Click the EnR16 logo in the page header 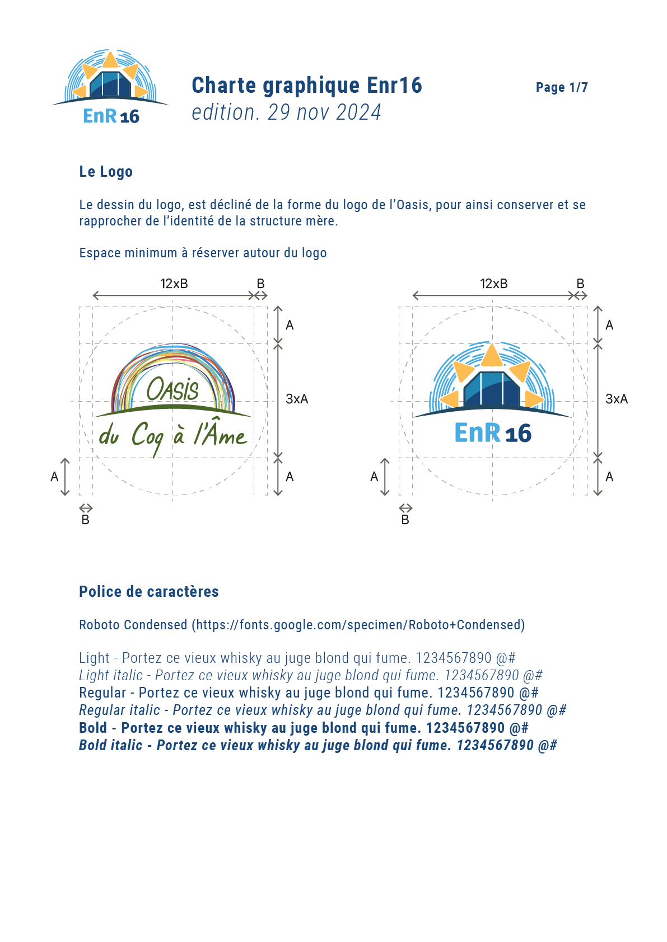[110, 87]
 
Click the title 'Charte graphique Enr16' [306, 86]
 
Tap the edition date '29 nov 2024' [324, 112]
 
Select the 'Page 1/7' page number [561, 87]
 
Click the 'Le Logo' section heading [106, 172]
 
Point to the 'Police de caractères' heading [148, 591]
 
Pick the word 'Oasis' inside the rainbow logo [172, 389]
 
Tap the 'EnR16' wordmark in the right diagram [492, 433]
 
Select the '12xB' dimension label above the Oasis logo [174, 284]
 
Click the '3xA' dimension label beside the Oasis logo [297, 399]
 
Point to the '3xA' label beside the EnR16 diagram [616, 399]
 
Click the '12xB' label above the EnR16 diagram [493, 284]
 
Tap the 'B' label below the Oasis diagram [86, 520]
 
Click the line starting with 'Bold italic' [318, 745]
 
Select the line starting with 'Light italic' [310, 675]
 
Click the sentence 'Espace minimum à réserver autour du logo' [203, 253]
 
